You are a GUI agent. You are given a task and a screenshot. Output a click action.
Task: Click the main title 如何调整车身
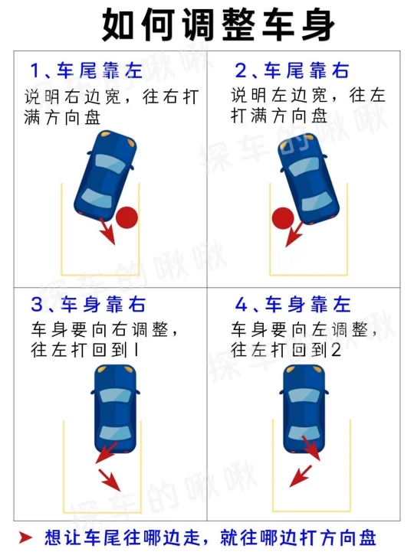click(219, 25)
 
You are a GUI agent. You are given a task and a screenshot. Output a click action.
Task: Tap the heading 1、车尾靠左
click(87, 70)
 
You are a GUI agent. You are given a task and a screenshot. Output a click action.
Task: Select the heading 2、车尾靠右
click(292, 70)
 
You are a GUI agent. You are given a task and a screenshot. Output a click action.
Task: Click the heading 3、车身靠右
click(88, 305)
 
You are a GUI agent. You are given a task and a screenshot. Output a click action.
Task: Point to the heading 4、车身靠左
click(293, 305)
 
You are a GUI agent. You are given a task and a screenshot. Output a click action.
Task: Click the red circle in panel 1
click(127, 217)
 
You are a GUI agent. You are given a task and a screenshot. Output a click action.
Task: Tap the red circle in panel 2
click(283, 218)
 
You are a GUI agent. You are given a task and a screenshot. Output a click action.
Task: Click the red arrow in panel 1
click(108, 231)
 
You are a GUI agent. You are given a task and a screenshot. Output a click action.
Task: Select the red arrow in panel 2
click(294, 234)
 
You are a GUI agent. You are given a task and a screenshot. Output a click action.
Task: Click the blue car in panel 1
click(105, 176)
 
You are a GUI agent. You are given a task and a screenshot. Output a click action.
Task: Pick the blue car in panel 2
click(308, 178)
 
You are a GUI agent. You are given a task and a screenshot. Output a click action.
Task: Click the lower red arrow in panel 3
click(110, 480)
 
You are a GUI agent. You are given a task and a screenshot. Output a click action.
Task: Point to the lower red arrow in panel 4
click(301, 476)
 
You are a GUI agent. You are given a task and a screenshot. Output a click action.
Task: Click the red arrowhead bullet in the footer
click(25, 537)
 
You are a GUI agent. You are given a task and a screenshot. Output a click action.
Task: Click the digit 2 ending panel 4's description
click(336, 351)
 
